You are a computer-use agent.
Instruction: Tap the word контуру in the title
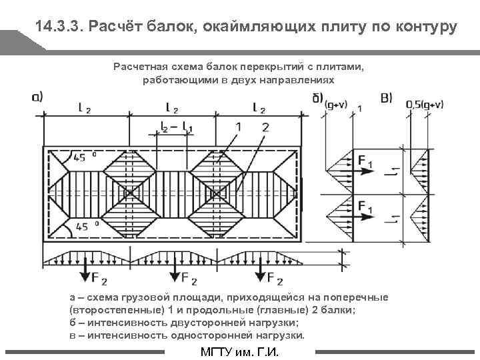pyautogui.click(x=425, y=27)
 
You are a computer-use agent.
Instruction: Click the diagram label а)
pyautogui.click(x=37, y=97)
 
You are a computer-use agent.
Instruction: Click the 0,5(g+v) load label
pyautogui.click(x=425, y=105)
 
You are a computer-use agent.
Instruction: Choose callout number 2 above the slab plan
pyautogui.click(x=265, y=127)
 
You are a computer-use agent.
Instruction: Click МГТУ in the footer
pyautogui.click(x=218, y=353)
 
